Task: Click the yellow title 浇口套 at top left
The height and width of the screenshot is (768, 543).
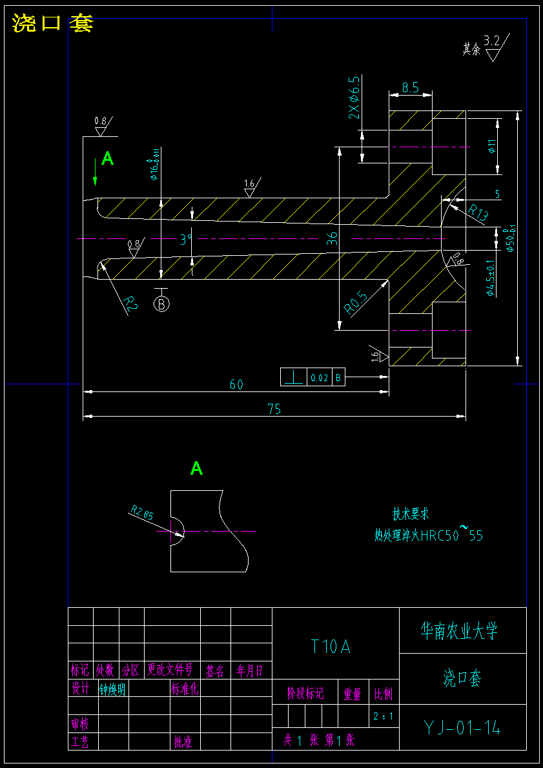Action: coord(52,24)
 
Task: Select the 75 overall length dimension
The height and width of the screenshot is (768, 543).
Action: coord(274,409)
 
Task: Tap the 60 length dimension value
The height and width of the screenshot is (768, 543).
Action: coord(236,384)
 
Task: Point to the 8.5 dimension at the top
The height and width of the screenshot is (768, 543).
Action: coord(411,87)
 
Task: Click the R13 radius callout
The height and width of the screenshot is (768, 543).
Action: coord(477,213)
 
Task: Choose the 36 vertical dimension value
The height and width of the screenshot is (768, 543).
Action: coord(333,238)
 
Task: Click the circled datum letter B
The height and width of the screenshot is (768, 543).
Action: coord(161,303)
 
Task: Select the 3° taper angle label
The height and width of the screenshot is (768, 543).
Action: coord(186,240)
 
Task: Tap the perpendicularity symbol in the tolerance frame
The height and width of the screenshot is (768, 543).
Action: coord(294,377)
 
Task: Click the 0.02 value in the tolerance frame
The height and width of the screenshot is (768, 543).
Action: coord(319,377)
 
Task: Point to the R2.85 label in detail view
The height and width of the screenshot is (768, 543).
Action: coord(143,514)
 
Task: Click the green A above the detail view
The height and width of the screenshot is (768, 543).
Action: coord(196,468)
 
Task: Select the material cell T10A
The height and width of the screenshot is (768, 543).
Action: coord(331,647)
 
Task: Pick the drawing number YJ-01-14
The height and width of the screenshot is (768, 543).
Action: coord(462,728)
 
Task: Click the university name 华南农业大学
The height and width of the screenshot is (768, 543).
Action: coord(459,630)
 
